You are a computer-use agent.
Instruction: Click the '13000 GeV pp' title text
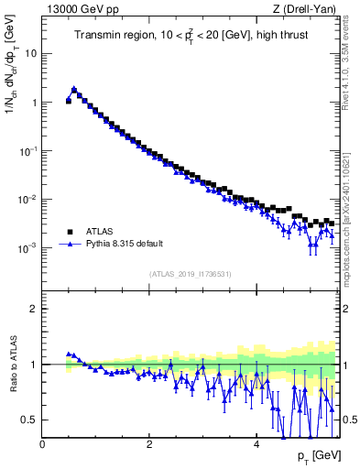(81, 10)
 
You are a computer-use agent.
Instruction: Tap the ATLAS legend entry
(100, 232)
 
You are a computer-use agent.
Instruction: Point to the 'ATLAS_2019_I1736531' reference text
(191, 274)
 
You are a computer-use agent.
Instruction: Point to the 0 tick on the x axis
(42, 444)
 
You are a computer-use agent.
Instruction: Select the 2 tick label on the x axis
(149, 444)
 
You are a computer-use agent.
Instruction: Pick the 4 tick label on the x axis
(256, 444)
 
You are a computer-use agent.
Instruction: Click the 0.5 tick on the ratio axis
(29, 420)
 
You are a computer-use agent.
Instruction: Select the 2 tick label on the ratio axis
(34, 309)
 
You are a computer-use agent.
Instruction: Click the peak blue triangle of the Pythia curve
(74, 90)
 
